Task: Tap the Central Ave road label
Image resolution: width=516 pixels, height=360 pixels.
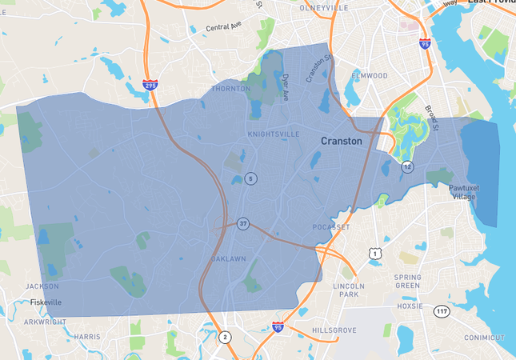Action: (222, 28)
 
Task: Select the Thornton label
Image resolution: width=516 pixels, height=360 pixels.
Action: (230, 89)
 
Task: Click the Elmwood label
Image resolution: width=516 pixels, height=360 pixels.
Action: (370, 76)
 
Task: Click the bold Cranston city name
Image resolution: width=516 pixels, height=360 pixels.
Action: (341, 141)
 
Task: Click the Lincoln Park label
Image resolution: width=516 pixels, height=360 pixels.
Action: (348, 290)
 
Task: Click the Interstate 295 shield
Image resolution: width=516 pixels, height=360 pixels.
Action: (150, 84)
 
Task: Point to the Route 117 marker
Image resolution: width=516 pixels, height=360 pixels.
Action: (442, 310)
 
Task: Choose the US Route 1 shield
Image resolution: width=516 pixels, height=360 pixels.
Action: (374, 254)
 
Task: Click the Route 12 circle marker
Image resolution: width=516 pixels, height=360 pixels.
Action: (408, 166)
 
